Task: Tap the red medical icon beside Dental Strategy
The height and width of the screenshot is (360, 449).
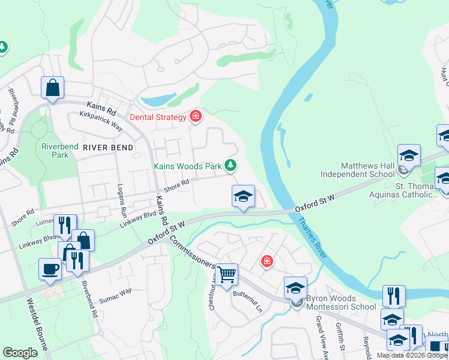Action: [194, 116]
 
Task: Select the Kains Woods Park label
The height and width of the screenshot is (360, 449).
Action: [187, 165]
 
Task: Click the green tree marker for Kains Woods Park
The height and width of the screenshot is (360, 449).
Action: [230, 165]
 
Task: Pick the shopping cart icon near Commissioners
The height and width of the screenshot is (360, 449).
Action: [227, 275]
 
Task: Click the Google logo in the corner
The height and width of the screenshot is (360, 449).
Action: [20, 353]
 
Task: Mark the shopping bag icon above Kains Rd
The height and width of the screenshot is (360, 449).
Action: [52, 88]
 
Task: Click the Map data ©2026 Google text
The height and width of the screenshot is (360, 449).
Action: [412, 355]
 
